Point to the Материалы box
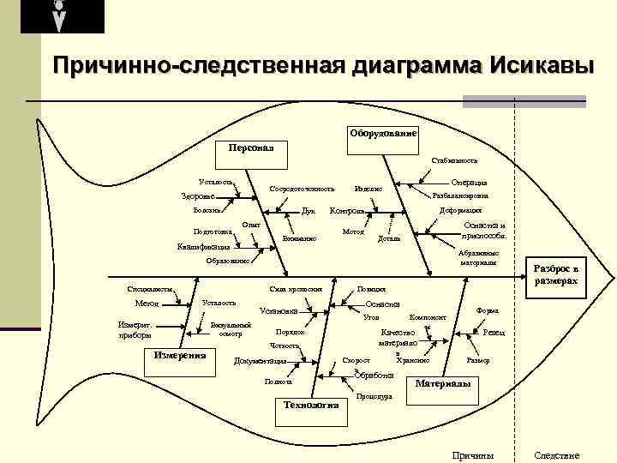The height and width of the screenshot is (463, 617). tap(442, 384)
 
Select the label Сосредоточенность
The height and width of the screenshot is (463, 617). tap(302, 188)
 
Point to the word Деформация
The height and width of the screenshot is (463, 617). tap(460, 210)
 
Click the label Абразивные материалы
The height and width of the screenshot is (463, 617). tap(476, 257)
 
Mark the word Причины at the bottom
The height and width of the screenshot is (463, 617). tap(472, 454)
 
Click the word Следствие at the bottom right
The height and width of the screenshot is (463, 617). tap(557, 454)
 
